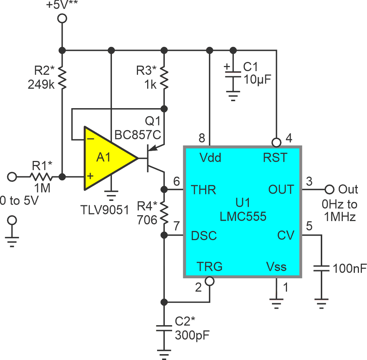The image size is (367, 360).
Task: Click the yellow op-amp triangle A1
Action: (106, 158)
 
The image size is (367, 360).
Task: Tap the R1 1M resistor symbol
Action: (41, 177)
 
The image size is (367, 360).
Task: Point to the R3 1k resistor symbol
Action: (164, 77)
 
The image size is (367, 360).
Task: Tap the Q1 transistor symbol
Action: (152, 158)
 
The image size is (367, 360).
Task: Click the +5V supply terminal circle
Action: (62, 18)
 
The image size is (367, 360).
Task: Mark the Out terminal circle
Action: (330, 190)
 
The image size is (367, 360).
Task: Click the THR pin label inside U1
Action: (203, 190)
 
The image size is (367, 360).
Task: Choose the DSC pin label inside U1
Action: (204, 236)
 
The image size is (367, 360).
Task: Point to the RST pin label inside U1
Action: (275, 158)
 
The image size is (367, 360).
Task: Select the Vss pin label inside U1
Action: (276, 267)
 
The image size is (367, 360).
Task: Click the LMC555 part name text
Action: (243, 217)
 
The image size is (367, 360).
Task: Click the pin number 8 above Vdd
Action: (202, 138)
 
